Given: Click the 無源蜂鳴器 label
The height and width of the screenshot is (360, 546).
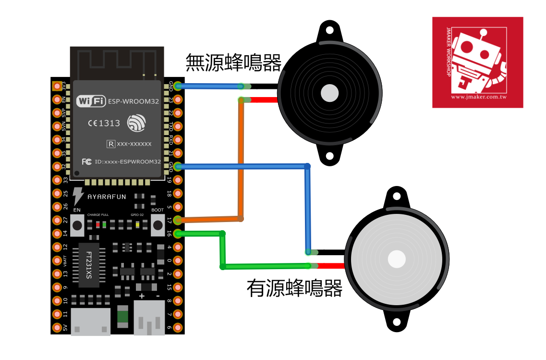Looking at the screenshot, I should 233,62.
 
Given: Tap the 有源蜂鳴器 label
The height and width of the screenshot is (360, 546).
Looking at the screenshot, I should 294,288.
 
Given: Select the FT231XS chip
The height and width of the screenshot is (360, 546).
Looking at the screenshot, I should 89,265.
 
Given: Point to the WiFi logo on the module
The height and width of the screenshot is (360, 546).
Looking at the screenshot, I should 91,101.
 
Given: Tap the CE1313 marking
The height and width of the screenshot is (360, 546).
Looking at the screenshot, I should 104,123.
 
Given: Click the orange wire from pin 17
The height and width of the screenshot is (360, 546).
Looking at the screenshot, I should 240,159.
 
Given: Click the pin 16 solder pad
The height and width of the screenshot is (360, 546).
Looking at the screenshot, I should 178,234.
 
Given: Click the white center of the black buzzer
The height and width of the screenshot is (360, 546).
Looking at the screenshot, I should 329,93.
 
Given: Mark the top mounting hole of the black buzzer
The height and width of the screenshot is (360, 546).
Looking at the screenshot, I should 329,32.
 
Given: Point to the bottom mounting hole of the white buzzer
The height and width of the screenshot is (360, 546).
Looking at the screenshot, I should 397,322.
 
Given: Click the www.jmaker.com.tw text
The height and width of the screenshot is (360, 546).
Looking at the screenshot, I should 479,97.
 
